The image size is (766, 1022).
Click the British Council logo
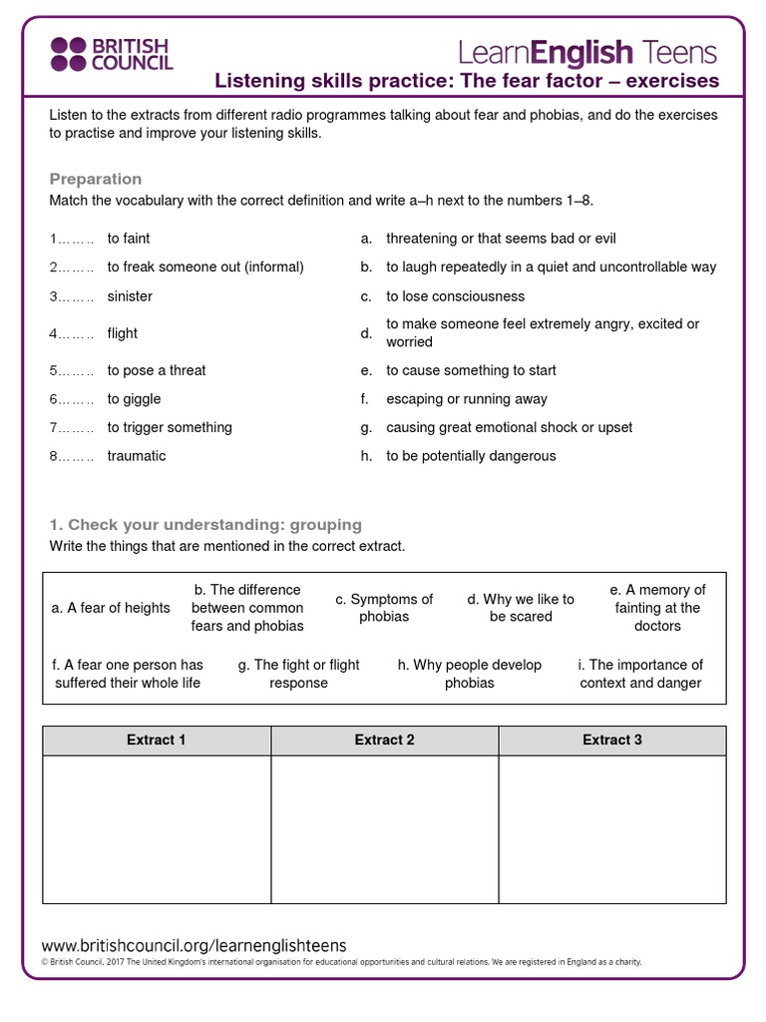pyautogui.click(x=112, y=54)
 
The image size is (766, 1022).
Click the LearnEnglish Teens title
pyautogui.click(x=587, y=51)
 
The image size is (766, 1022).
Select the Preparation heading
pyautogui.click(x=96, y=179)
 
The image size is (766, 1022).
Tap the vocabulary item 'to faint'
pyautogui.click(x=129, y=239)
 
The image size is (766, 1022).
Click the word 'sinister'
pyautogui.click(x=130, y=296)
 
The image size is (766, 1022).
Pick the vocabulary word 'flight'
pyautogui.click(x=123, y=333)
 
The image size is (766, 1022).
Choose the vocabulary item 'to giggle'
pyautogui.click(x=134, y=399)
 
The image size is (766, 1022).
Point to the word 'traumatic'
pyautogui.click(x=137, y=456)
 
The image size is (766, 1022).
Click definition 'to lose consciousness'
pyautogui.click(x=455, y=296)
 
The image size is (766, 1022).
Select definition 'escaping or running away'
pyautogui.click(x=467, y=399)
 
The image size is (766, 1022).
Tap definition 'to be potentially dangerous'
pyautogui.click(x=471, y=456)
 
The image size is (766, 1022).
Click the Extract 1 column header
pyautogui.click(x=157, y=741)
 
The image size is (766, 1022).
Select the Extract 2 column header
pyautogui.click(x=384, y=741)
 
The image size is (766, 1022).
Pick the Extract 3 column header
pyautogui.click(x=612, y=741)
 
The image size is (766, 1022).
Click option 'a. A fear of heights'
pyautogui.click(x=111, y=608)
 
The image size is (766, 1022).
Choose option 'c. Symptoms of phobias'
pyautogui.click(x=384, y=608)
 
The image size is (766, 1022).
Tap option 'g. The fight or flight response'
pyautogui.click(x=299, y=674)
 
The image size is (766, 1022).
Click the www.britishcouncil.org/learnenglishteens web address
pyautogui.click(x=193, y=945)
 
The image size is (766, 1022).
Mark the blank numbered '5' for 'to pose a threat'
pyautogui.click(x=72, y=370)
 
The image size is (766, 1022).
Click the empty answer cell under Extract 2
pyautogui.click(x=384, y=829)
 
